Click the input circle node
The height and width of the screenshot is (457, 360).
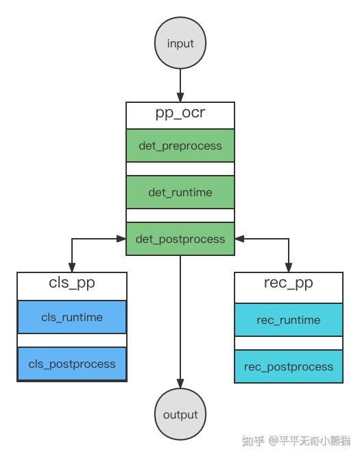180,43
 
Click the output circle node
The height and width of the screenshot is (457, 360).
180,414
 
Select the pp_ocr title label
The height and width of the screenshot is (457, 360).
180,113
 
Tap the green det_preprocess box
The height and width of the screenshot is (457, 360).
180,145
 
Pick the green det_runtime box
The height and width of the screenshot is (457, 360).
180,192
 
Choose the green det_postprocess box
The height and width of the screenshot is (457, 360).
180,239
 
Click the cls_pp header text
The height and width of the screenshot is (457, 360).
72,283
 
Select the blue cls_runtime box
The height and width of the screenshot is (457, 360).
72,317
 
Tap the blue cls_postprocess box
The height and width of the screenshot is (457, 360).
72,364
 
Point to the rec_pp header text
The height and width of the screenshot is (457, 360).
289,283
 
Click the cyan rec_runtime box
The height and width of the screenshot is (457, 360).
289,320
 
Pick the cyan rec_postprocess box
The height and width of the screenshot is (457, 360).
289,366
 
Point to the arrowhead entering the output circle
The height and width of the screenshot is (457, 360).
180,385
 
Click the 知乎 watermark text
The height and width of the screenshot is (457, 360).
253,441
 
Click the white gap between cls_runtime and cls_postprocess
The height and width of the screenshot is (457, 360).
72,340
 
